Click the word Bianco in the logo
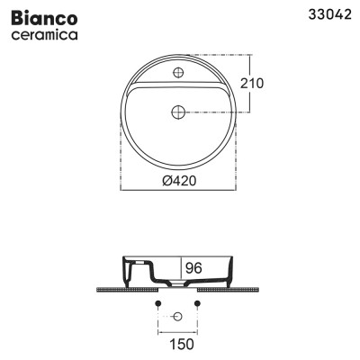pos(41,18)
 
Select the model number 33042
pos(328,14)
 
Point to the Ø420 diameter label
pos(180,179)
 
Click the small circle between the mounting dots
pos(177,316)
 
